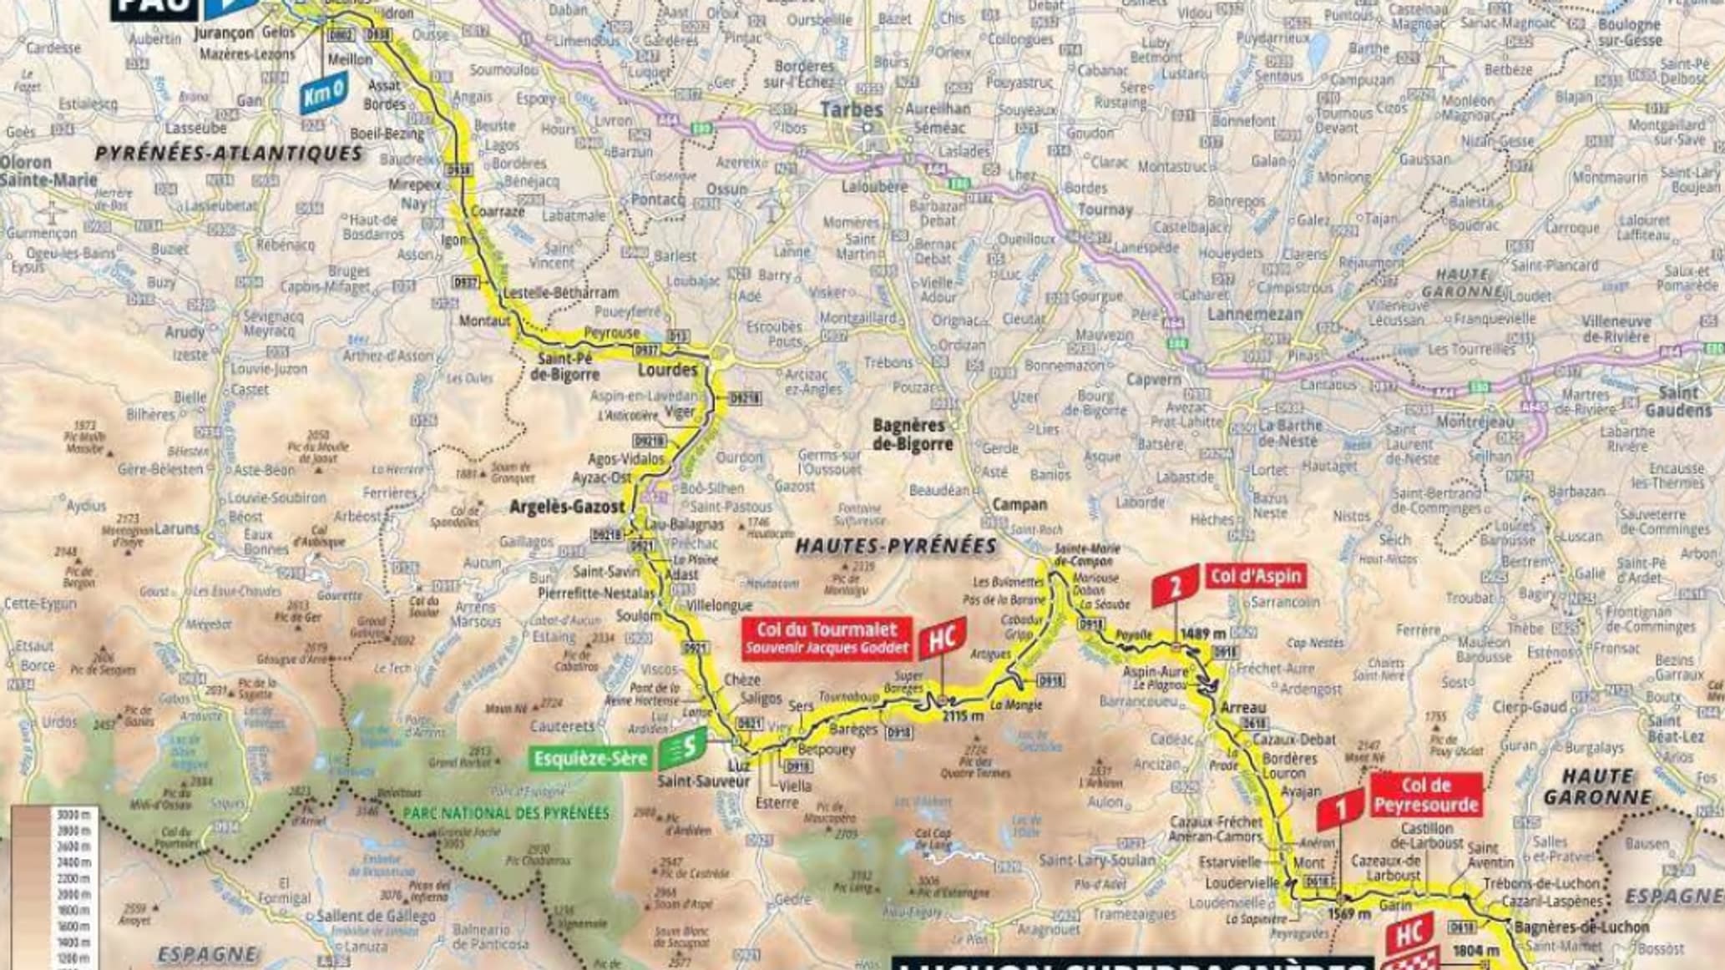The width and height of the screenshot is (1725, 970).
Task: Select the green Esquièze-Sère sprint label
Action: tap(589, 758)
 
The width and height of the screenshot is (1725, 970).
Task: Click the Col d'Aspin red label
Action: tap(1254, 576)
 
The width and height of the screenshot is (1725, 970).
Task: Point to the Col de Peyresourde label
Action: tap(1425, 795)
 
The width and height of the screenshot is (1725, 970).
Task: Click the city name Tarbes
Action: tap(851, 110)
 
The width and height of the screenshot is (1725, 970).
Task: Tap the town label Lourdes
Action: tap(666, 369)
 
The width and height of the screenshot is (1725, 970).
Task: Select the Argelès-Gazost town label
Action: tap(567, 507)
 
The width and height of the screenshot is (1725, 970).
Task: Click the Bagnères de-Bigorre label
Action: tap(912, 435)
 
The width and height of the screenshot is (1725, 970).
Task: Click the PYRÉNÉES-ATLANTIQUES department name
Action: tap(229, 154)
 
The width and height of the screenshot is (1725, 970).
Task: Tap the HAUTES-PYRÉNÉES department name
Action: tap(895, 547)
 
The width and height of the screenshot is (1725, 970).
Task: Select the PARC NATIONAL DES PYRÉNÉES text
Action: tap(506, 813)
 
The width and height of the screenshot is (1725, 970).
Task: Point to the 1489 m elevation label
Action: tap(1204, 634)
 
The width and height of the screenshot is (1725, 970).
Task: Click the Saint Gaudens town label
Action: tap(1677, 401)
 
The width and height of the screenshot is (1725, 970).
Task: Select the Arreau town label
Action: tap(1243, 708)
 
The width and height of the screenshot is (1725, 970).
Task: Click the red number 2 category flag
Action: tap(1174, 589)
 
